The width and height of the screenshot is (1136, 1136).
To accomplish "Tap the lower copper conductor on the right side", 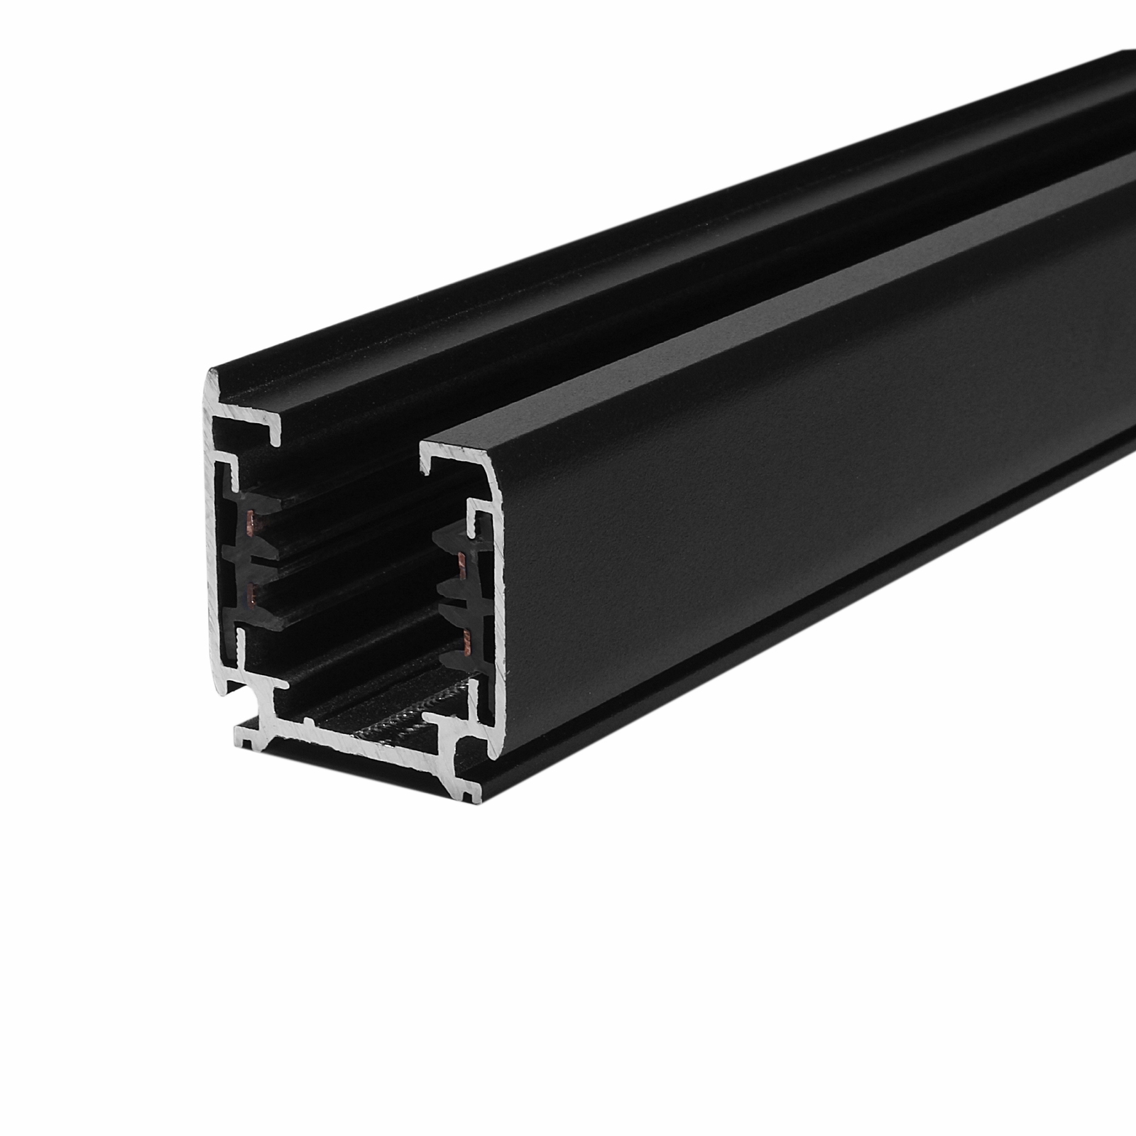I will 465,643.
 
